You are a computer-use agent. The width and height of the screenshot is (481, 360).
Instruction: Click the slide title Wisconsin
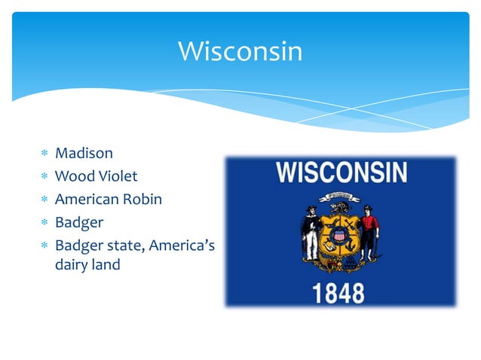(x=240, y=52)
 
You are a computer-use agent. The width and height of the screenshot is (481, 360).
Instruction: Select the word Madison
(x=84, y=154)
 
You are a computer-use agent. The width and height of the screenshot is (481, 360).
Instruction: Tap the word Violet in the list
(x=118, y=177)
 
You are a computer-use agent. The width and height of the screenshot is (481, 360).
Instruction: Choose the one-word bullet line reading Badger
(x=79, y=224)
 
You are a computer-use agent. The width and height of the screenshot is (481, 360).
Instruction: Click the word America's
(x=184, y=246)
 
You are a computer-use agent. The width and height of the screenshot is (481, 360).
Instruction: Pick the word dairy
(x=72, y=265)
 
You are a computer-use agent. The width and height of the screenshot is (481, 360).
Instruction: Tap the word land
(x=106, y=265)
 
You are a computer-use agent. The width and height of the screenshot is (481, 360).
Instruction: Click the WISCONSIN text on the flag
(x=342, y=174)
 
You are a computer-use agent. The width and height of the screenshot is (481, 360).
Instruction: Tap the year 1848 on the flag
(x=339, y=292)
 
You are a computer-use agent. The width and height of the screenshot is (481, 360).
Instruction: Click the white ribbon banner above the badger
(x=339, y=197)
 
